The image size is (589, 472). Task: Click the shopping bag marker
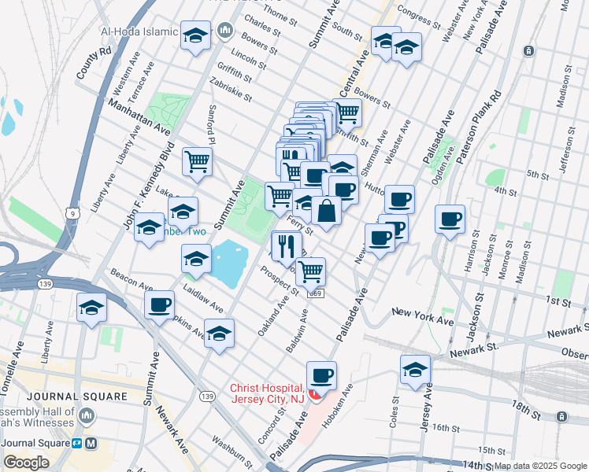[x=326, y=211]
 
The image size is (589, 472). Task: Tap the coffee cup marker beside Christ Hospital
[x=320, y=376]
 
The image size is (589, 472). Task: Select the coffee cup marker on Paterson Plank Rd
[x=450, y=219]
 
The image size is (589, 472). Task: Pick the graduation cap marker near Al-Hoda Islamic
[x=195, y=35]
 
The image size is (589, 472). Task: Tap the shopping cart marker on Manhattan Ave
[x=197, y=162]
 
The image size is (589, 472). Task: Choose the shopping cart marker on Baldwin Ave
[x=311, y=272]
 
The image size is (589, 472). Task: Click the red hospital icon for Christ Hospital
[x=314, y=392]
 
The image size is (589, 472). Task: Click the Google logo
[x=26, y=463]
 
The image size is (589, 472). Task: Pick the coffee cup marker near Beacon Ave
[x=159, y=304]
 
